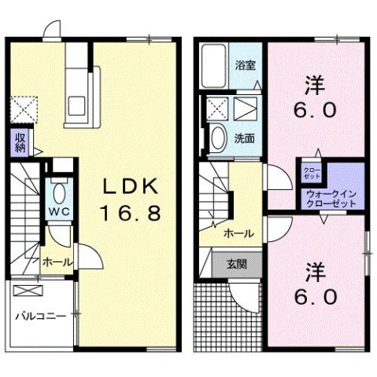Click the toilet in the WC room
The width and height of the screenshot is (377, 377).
click(58, 192)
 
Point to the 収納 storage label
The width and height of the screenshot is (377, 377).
click(20, 142)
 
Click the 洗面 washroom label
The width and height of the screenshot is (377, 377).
click(245, 137)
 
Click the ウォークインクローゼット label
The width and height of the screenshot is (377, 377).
click(330, 198)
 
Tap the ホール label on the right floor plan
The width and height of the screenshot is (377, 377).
click(238, 233)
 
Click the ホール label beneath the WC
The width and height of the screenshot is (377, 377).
click(57, 262)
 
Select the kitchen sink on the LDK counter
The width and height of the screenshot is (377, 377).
click(79, 104)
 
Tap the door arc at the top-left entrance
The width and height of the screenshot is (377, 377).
click(53, 30)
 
